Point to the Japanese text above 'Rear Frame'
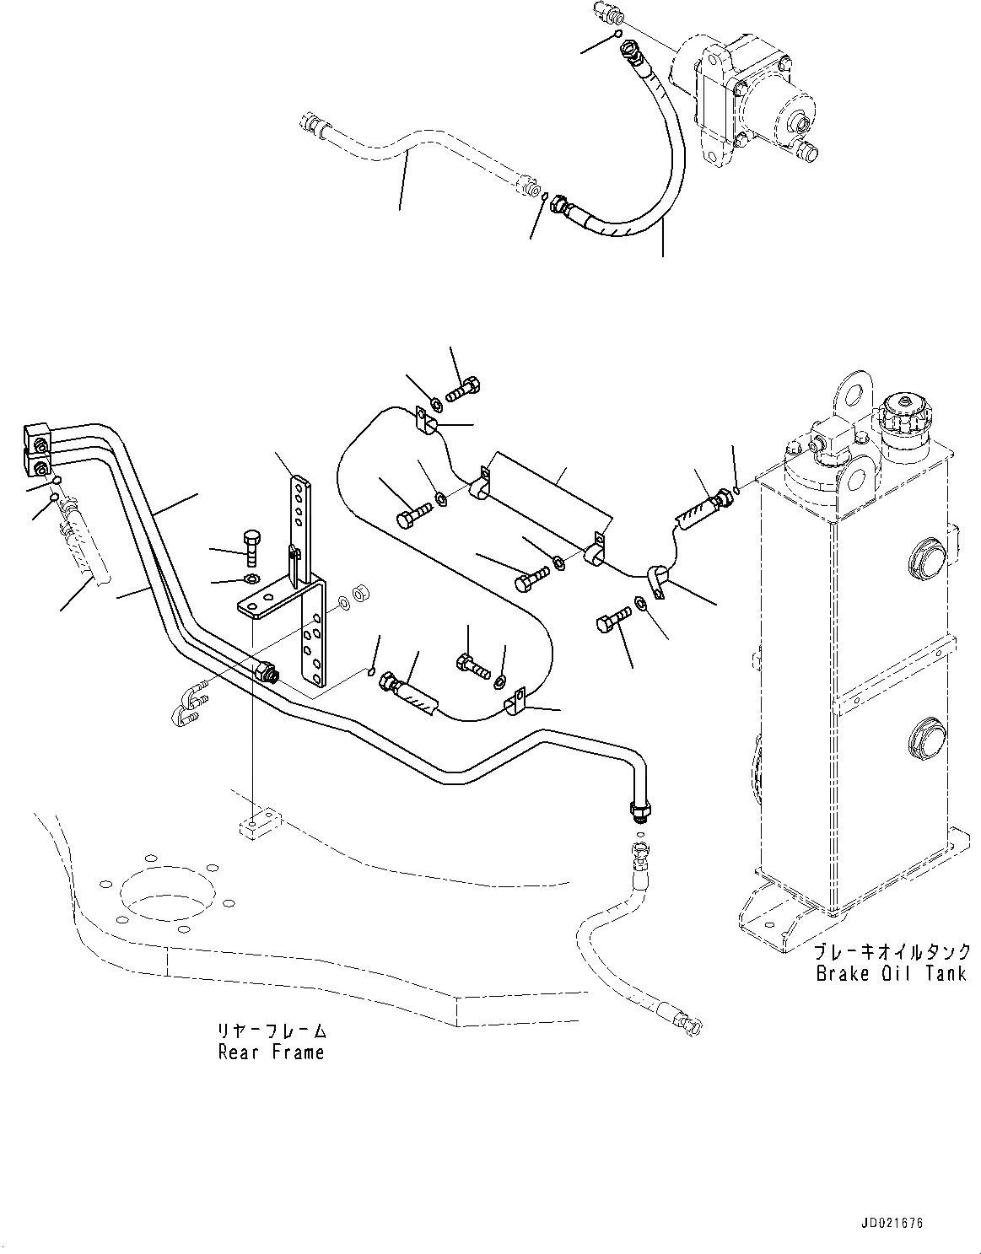point(271,1031)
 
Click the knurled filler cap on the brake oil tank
point(904,416)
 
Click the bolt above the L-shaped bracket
point(252,544)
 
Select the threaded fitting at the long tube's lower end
point(639,810)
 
